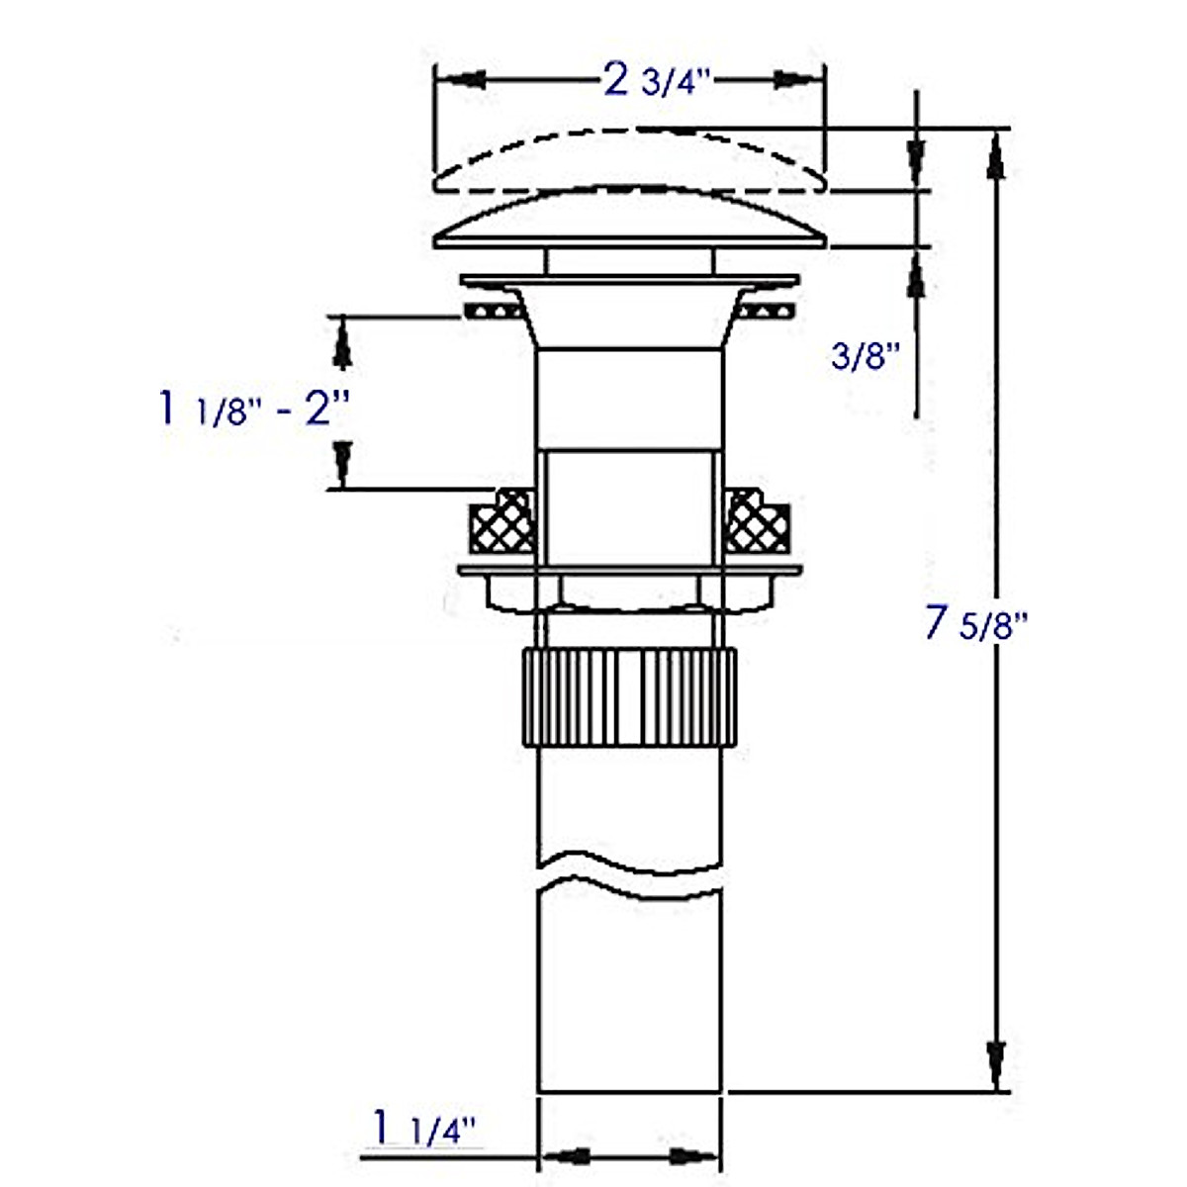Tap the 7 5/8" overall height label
[977, 624]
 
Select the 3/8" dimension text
[867, 356]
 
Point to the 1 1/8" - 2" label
[254, 409]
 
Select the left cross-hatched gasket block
[503, 520]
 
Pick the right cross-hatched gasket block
[757, 520]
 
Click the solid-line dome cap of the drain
[629, 217]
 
